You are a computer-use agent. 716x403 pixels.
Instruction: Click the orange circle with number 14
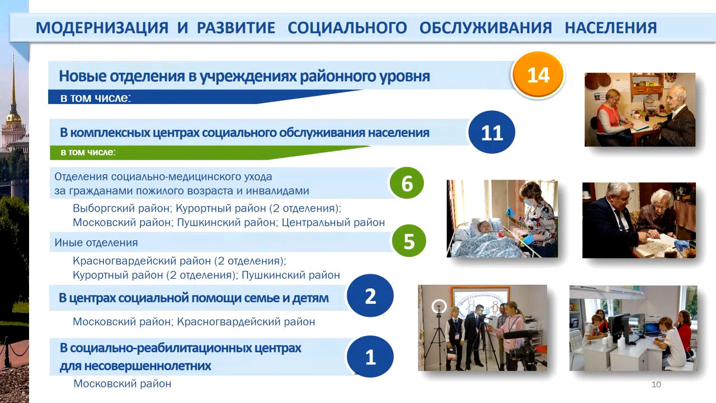point(538,74)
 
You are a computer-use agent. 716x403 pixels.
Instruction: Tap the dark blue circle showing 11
point(492,132)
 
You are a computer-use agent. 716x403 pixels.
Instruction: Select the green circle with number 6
point(407,183)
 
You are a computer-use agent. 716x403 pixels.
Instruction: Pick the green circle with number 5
point(409,241)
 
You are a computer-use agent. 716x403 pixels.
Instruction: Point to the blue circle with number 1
point(370,357)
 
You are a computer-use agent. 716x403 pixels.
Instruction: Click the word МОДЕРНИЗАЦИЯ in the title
point(102,27)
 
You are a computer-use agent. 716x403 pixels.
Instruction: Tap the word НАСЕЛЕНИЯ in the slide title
point(611,27)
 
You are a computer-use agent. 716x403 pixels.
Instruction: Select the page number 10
point(656,384)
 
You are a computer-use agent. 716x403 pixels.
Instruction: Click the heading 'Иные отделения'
point(96,242)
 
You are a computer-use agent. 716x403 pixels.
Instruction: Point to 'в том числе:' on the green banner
point(88,152)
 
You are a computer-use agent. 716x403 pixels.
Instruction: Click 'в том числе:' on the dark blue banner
point(96,97)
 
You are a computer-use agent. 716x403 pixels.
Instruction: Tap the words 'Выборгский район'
point(121,208)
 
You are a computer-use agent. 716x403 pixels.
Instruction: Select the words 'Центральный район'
point(333,222)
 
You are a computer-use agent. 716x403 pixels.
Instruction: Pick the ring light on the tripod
point(439,306)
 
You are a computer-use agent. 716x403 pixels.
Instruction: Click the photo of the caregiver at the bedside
point(502,219)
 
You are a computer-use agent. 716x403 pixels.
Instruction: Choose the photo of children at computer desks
point(633,328)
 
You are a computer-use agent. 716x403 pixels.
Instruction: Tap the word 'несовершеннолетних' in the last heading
point(135,366)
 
